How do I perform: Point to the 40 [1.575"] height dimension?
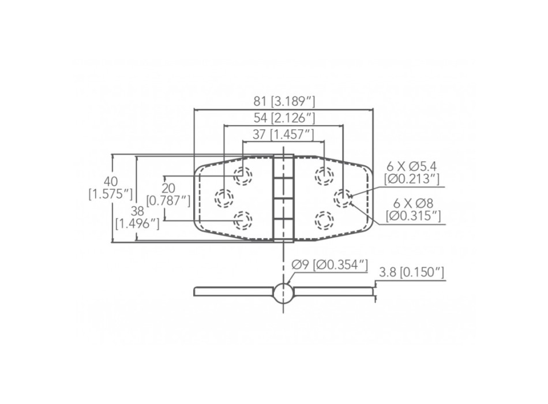tap(111, 187)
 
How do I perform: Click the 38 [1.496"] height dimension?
tap(137, 217)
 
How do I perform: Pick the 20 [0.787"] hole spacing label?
tap(168, 194)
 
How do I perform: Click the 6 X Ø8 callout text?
tap(412, 210)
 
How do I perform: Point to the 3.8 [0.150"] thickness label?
tap(412, 272)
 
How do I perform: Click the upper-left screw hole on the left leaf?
tap(243, 175)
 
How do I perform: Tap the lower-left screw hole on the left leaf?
tap(243, 220)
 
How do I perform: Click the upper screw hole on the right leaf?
tap(324, 175)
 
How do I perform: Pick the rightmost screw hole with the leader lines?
tap(344, 198)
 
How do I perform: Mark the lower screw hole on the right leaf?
tap(324, 220)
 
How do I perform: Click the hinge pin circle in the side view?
tap(283, 292)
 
